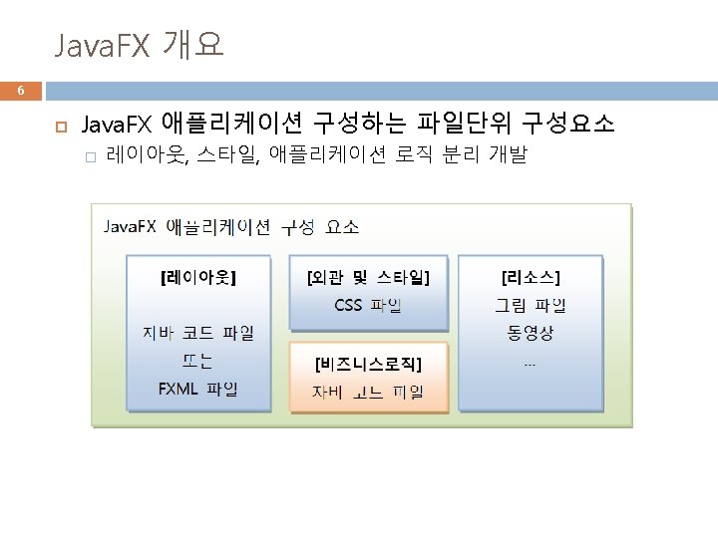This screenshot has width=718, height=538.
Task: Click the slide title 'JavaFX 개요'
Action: point(139,45)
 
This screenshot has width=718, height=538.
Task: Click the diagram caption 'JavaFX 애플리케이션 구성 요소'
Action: point(232,226)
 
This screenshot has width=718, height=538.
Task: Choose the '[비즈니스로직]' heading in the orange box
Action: point(368,361)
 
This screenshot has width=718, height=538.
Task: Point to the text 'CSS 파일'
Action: point(368,305)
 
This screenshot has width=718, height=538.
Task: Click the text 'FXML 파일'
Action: point(198,389)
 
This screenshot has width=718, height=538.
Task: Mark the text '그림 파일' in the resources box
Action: point(530,305)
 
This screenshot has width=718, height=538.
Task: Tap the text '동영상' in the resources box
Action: point(530,332)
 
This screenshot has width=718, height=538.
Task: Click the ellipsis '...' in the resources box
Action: point(530,363)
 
